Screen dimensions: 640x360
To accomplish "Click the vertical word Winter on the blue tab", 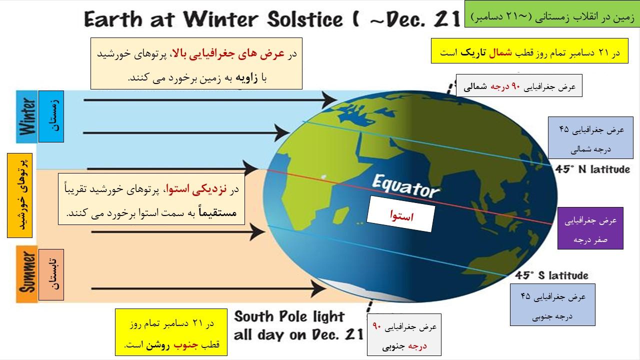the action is pyautogui.click(x=27, y=116).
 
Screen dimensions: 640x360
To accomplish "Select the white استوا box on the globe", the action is pyautogui.click(x=401, y=213).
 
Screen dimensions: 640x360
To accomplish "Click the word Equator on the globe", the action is pyautogui.click(x=405, y=186).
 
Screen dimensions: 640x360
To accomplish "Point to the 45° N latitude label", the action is pyautogui.click(x=592, y=169).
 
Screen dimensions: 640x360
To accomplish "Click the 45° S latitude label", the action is pyautogui.click(x=551, y=275).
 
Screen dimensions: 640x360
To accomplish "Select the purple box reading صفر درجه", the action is pyautogui.click(x=590, y=228).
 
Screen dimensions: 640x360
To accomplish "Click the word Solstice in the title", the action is pyautogui.click(x=305, y=19).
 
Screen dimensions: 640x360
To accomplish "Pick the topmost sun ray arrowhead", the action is pyautogui.click(x=329, y=100).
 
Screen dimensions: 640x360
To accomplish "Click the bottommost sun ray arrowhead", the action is pyautogui.click(x=318, y=288).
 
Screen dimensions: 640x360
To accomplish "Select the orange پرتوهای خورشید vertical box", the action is pyautogui.click(x=19, y=195).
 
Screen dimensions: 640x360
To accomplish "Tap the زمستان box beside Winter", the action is pyautogui.click(x=51, y=116).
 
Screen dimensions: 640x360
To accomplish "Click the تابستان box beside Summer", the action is pyautogui.click(x=51, y=274).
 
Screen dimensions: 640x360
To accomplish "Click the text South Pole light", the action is pyautogui.click(x=289, y=317).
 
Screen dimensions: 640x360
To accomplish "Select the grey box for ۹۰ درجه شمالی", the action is pyautogui.click(x=519, y=85).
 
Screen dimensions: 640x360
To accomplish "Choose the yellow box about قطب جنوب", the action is pyautogui.click(x=171, y=332).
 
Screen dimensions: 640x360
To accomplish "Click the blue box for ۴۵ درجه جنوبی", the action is pyautogui.click(x=552, y=304).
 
